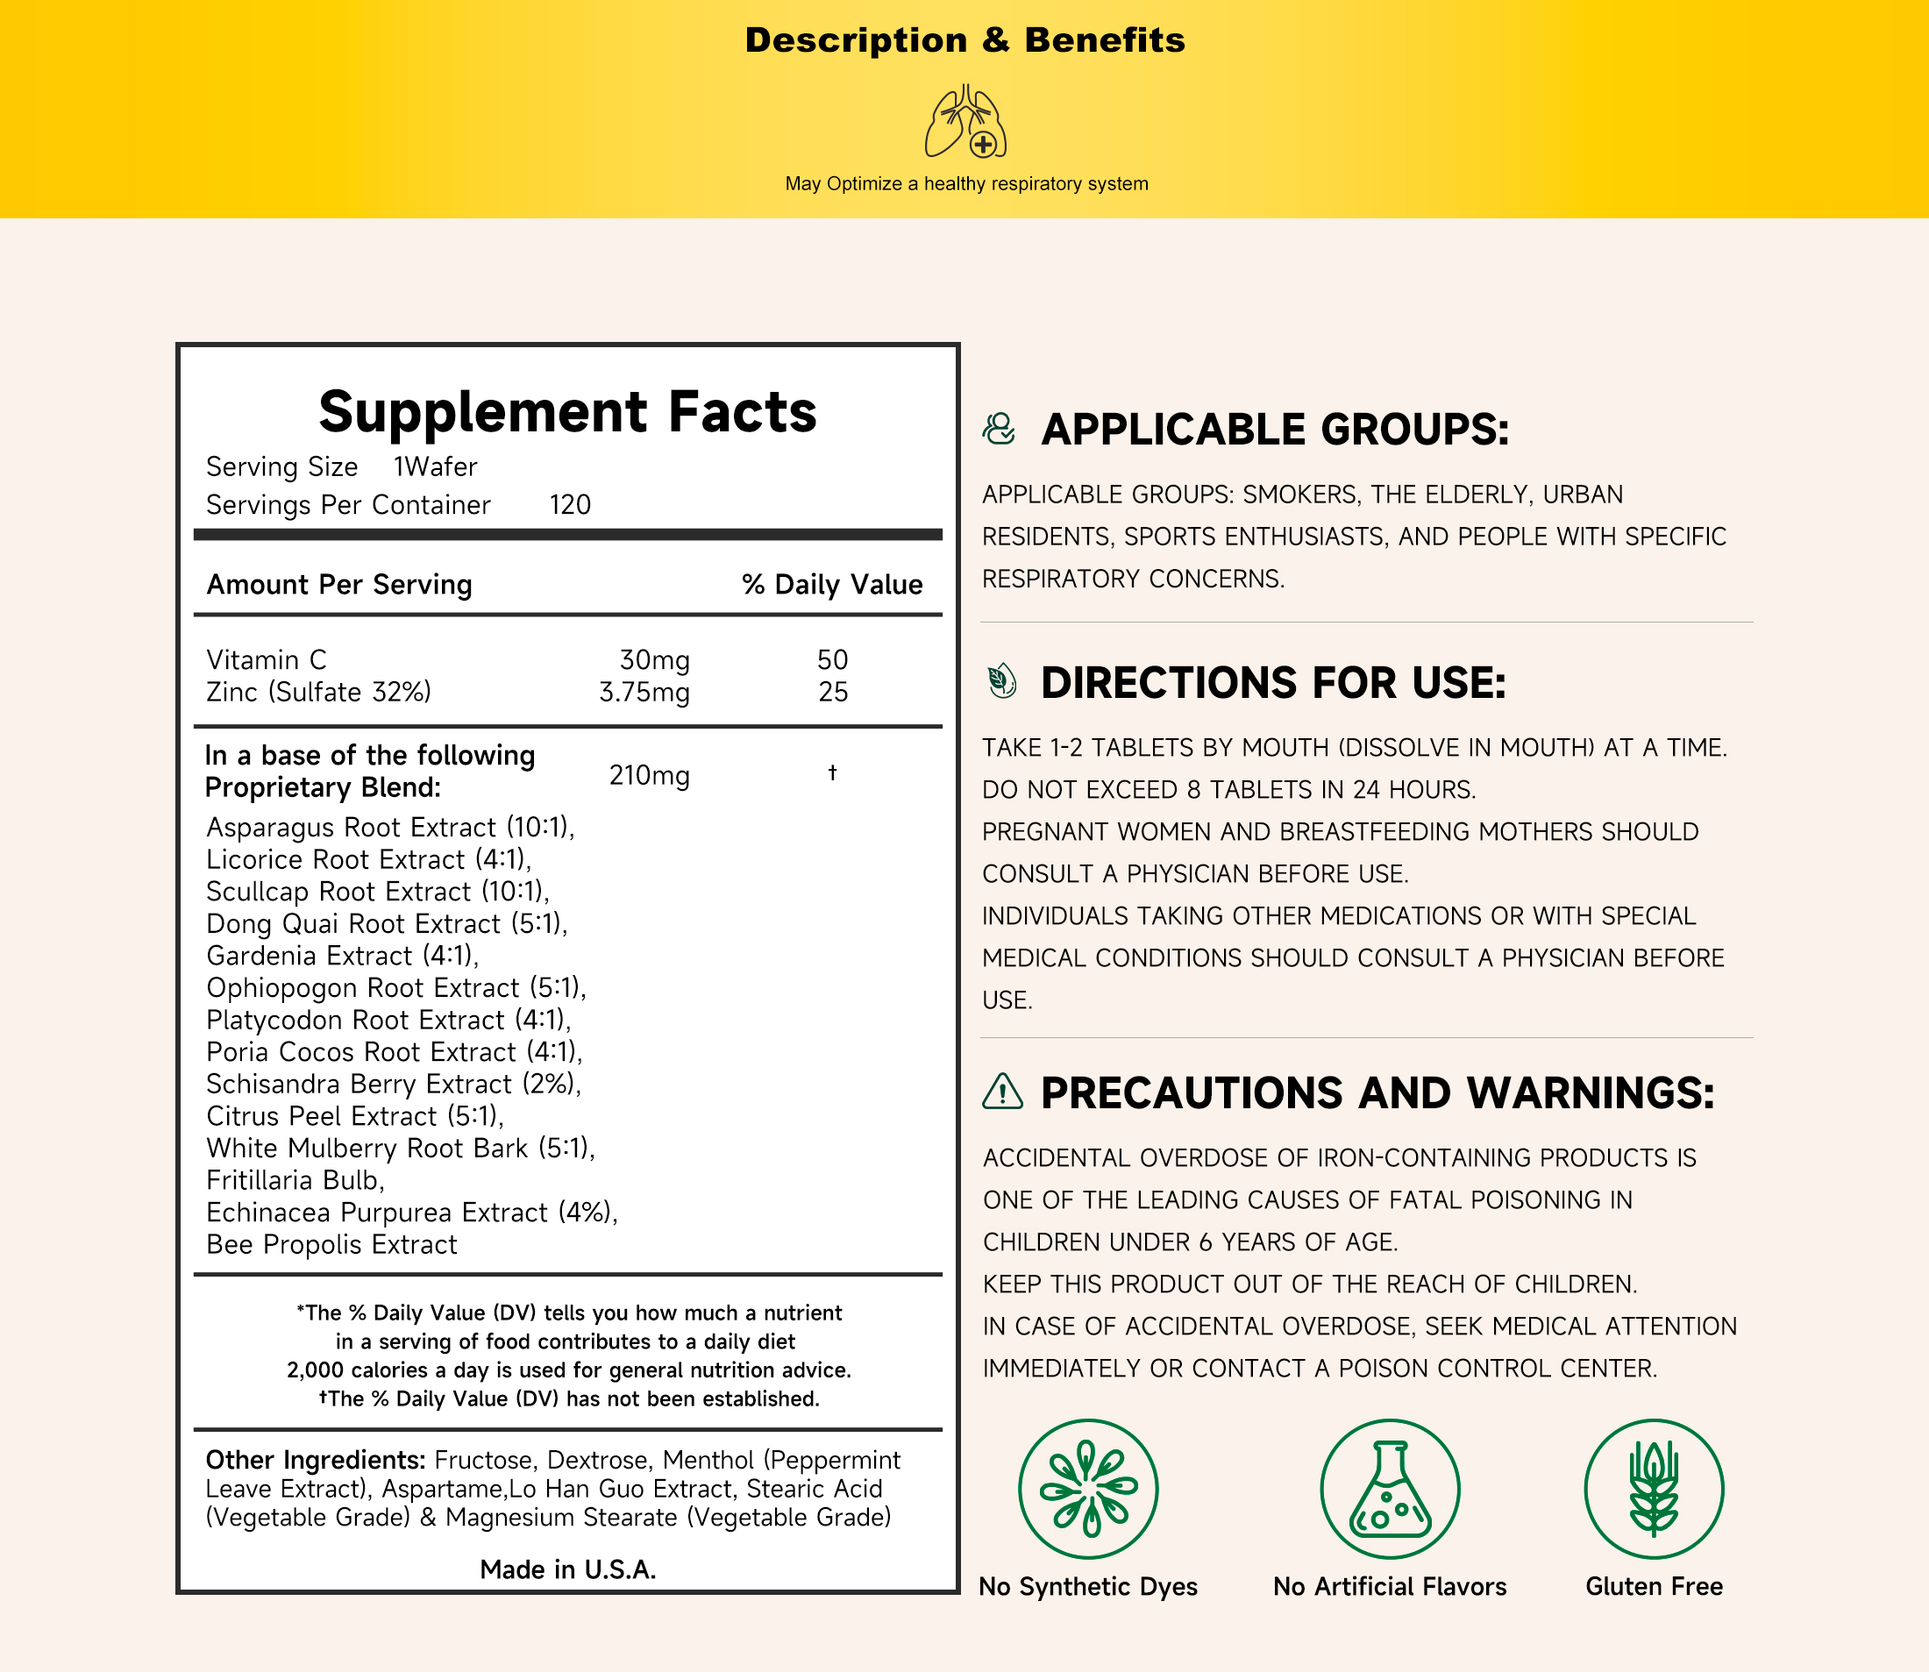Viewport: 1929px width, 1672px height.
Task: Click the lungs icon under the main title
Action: [x=966, y=121]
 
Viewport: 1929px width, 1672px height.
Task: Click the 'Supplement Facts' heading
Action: [x=567, y=411]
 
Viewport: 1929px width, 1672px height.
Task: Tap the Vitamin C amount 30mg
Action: [x=654, y=659]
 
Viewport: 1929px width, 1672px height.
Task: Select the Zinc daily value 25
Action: [x=832, y=693]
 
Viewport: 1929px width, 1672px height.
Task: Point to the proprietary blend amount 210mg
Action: [x=649, y=775]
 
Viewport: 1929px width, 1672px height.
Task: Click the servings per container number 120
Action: [x=569, y=505]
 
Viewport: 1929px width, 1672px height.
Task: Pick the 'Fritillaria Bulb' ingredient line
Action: [x=295, y=1180]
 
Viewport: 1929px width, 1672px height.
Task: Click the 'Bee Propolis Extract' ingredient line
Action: [x=331, y=1245]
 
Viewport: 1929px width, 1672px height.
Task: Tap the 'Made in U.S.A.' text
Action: [x=567, y=1569]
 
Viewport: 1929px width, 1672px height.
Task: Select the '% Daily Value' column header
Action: [x=831, y=585]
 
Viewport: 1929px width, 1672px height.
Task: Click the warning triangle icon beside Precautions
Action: [x=1002, y=1091]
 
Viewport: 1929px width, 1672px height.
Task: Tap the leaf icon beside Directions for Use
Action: [x=1001, y=681]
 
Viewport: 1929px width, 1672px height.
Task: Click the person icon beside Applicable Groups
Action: [x=999, y=430]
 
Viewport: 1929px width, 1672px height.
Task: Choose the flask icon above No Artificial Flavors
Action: [x=1390, y=1489]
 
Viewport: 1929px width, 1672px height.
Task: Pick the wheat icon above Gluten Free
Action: [x=1654, y=1489]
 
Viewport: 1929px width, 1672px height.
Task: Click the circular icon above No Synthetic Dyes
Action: [x=1088, y=1489]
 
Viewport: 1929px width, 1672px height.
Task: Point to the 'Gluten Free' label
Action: [x=1654, y=1586]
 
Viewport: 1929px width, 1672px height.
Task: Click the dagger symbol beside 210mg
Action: [x=832, y=772]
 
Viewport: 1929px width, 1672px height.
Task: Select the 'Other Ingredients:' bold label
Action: [x=316, y=1460]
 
